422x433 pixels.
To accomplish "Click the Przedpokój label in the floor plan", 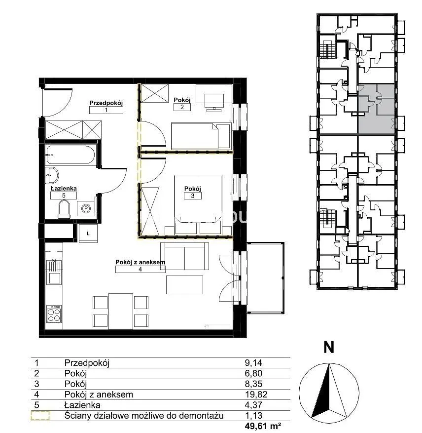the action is pyautogui.click(x=106, y=103).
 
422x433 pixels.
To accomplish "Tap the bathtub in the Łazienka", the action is pyautogui.click(x=70, y=155).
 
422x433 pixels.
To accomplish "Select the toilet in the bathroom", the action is pyautogui.click(x=64, y=209).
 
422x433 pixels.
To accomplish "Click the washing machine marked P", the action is pyautogui.click(x=86, y=209).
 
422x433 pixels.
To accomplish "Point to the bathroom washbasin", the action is pyautogui.click(x=52, y=175).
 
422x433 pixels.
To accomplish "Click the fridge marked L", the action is pyautogui.click(x=88, y=234).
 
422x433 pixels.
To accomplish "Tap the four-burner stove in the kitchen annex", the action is pyautogui.click(x=54, y=314).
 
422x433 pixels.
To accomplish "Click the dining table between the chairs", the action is pyautogui.click(x=120, y=311).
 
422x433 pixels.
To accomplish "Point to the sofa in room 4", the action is pyautogui.click(x=184, y=256).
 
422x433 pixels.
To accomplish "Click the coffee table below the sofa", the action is pyautogui.click(x=184, y=285).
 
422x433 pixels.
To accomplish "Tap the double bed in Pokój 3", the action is pyautogui.click(x=198, y=204).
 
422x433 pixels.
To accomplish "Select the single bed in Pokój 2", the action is pyautogui.click(x=201, y=136).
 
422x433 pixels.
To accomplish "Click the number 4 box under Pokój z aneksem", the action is pyautogui.click(x=140, y=269).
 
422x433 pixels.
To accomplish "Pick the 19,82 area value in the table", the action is pyautogui.click(x=256, y=394).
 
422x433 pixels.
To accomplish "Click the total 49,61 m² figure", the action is pyautogui.click(x=263, y=426).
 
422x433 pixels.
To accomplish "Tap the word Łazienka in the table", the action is pyautogui.click(x=82, y=405).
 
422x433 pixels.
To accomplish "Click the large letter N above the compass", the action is pyautogui.click(x=328, y=347).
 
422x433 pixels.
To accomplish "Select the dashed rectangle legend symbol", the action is pyautogui.click(x=40, y=416).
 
